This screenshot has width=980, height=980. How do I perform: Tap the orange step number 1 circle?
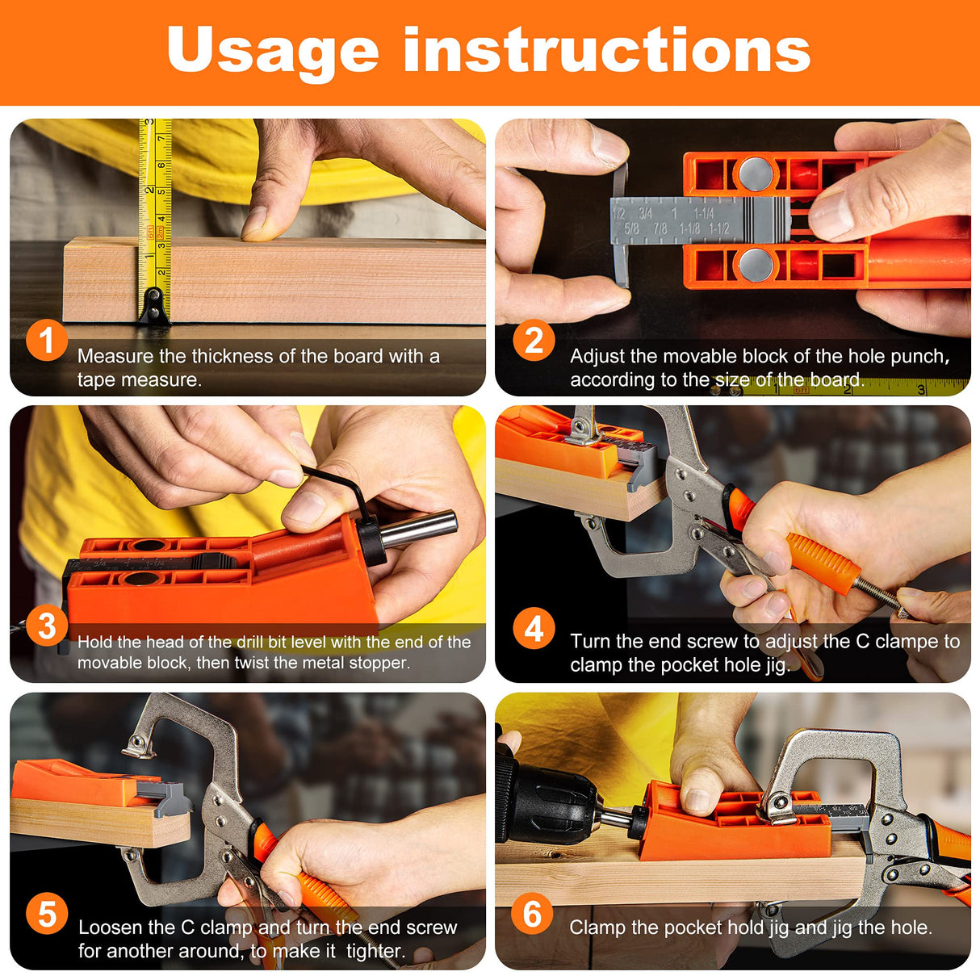pos(46,340)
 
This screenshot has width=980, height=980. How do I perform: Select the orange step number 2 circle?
pos(534,340)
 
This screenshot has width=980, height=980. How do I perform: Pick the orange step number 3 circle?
pos(46,626)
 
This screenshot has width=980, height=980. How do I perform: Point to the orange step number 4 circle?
pos(534,628)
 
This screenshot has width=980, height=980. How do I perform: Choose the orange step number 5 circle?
pos(46,914)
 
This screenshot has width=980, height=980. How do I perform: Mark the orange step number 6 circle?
pos(532,914)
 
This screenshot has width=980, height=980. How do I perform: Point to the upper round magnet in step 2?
pos(756,173)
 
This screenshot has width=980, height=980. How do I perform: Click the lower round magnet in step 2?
pos(756,264)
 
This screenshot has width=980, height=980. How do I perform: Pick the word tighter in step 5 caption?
pos(375,951)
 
